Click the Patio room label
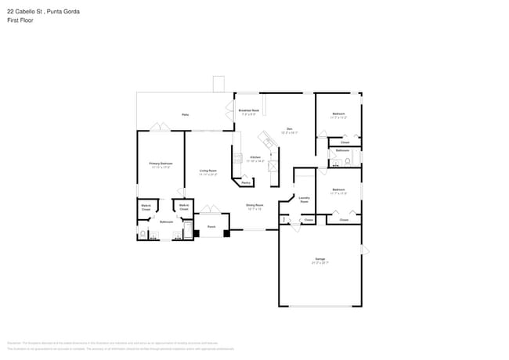(x=186, y=114)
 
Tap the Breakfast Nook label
(x=248, y=112)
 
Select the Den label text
(x=289, y=128)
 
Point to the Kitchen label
(x=255, y=157)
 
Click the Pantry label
(x=246, y=182)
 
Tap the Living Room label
(x=208, y=171)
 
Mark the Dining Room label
(x=255, y=206)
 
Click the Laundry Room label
(x=304, y=200)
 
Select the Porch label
(x=211, y=227)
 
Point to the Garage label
(x=319, y=259)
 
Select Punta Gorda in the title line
(x=63, y=12)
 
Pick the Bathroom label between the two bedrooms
(x=343, y=150)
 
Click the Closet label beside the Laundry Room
(x=309, y=221)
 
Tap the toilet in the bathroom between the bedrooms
(x=334, y=163)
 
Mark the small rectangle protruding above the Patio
(x=218, y=84)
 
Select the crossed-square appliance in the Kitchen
(x=273, y=166)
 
